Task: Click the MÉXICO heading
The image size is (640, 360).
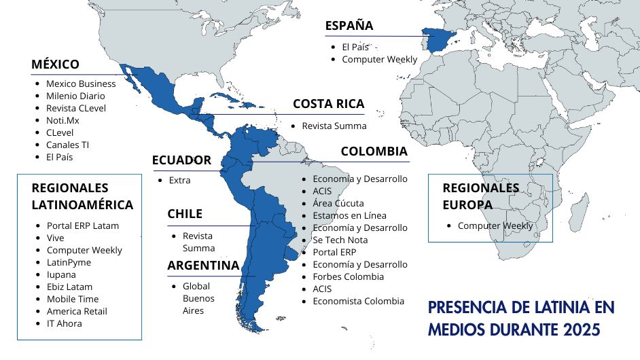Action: [55, 65]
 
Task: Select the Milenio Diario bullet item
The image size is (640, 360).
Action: [75, 96]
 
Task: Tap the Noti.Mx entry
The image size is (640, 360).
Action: [63, 120]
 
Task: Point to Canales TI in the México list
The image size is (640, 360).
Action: [67, 145]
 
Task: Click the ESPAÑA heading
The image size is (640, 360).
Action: [349, 26]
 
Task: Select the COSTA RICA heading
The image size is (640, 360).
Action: [328, 104]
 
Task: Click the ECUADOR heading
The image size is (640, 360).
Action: [181, 160]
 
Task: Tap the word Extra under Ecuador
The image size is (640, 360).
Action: [179, 180]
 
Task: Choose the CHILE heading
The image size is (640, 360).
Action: [185, 214]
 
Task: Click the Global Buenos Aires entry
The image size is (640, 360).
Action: [198, 298]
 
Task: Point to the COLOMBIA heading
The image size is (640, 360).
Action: [374, 151]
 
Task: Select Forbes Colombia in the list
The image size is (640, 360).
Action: [348, 276]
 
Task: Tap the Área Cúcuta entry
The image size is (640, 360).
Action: [338, 203]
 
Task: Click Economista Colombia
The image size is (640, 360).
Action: [358, 301]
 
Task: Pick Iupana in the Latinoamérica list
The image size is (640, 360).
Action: [61, 274]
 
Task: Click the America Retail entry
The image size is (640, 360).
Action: [77, 311]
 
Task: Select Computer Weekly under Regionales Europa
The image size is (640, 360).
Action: [495, 226]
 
